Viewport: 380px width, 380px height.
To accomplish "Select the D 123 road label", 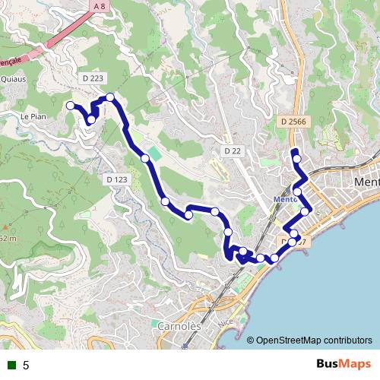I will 117,179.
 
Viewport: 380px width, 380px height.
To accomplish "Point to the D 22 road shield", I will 233,151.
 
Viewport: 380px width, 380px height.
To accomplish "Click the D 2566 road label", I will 293,122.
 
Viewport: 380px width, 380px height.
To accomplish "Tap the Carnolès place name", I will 179,326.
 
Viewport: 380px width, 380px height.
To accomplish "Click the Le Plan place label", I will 34,116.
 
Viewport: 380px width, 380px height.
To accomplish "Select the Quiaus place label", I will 14,78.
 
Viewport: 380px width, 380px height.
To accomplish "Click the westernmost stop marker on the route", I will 70,106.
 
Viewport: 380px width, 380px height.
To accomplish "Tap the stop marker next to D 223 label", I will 110,97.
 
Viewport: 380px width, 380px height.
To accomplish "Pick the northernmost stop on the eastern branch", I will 296,158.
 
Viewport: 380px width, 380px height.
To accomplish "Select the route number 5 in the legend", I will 26,365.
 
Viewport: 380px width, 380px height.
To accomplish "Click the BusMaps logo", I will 344,364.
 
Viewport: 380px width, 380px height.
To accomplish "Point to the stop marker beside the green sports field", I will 144,158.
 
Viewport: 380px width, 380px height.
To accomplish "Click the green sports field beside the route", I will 155,154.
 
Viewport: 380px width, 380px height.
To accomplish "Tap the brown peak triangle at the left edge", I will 4,226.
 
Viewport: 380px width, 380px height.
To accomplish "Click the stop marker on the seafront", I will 274,258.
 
